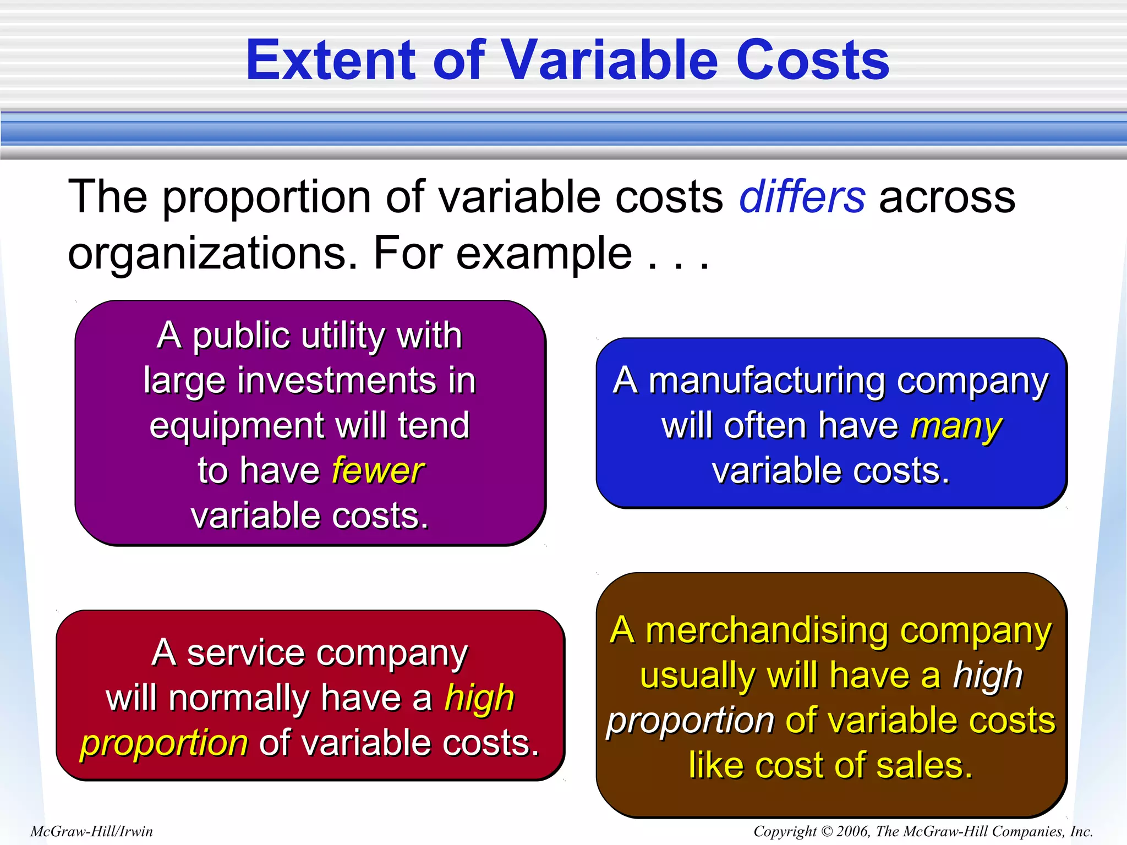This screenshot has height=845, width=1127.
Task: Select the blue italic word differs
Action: point(802,197)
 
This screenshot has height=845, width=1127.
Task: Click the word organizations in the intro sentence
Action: point(212,254)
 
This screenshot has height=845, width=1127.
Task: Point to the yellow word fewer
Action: point(378,471)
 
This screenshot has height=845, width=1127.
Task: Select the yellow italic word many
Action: point(956,427)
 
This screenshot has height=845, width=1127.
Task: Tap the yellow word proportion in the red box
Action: point(164,744)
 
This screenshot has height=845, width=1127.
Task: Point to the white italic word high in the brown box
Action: point(988,676)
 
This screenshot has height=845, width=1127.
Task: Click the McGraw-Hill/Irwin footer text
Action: point(91,831)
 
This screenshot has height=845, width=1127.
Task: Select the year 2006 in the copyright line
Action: point(852,831)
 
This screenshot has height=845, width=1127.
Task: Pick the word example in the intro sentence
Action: point(544,254)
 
